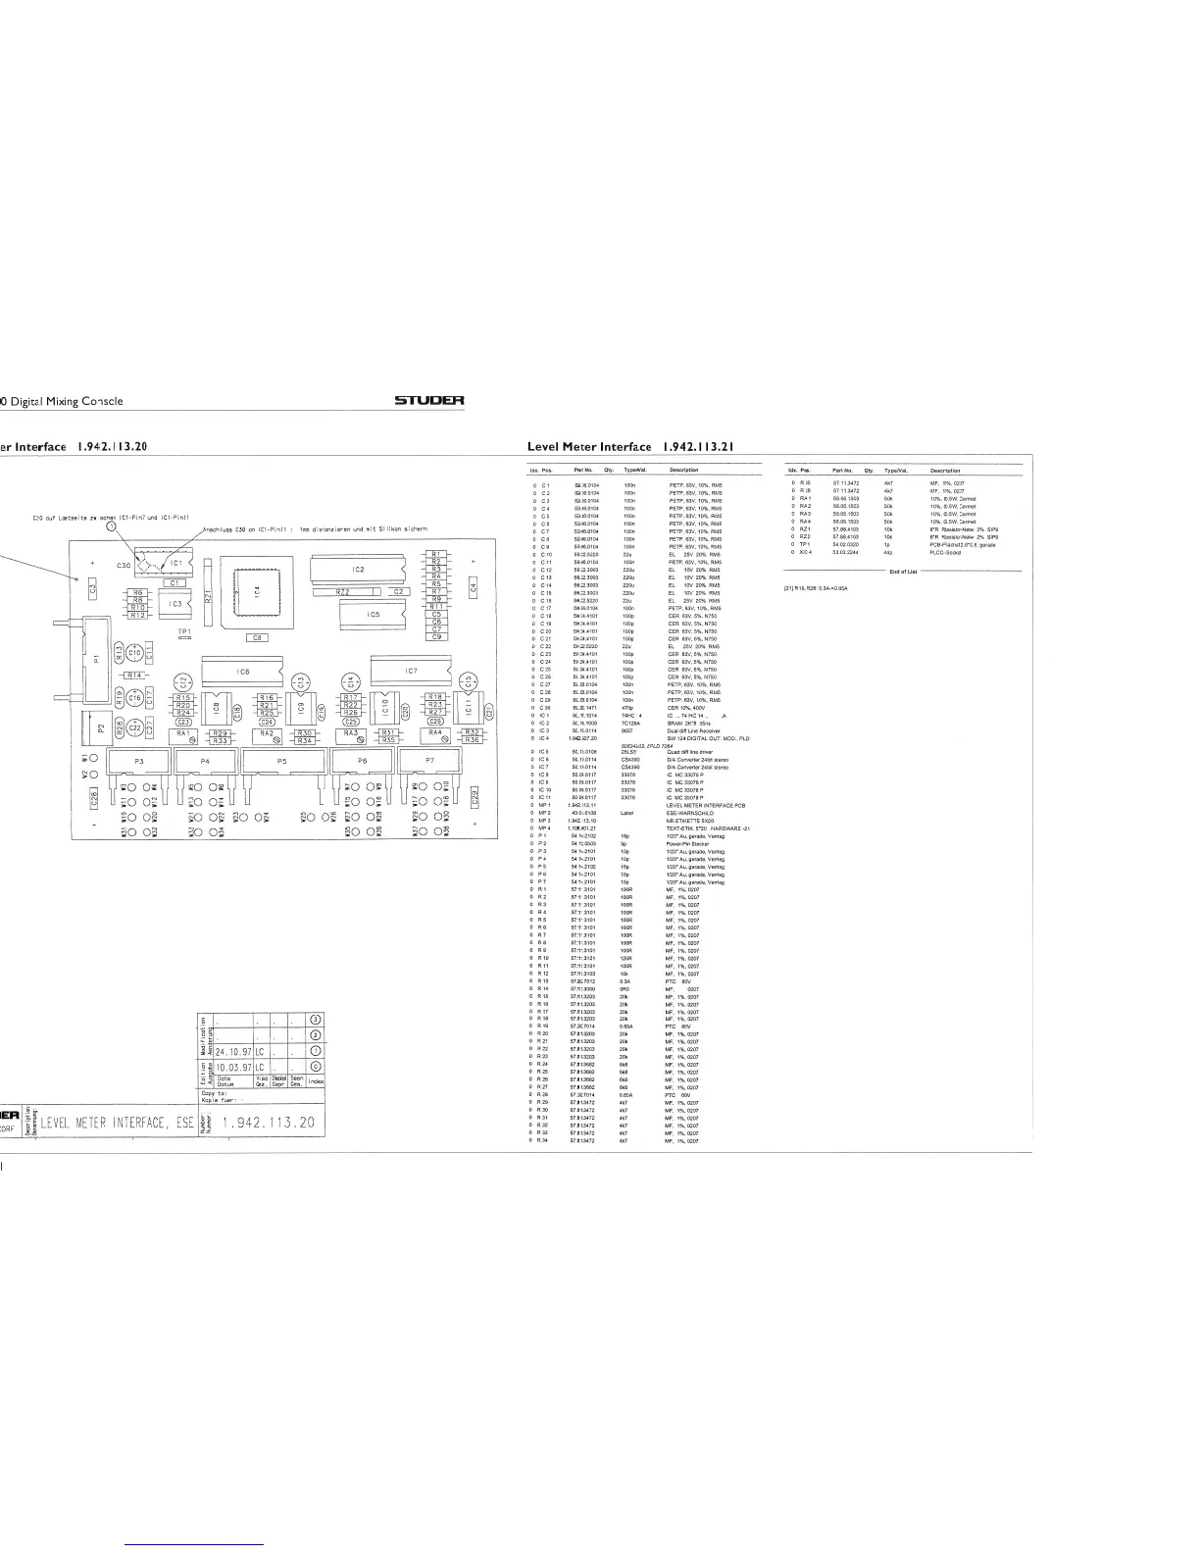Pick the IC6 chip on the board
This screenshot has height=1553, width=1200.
(243, 671)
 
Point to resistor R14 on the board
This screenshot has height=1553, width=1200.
(134, 675)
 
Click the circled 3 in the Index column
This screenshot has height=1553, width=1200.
(316, 1021)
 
